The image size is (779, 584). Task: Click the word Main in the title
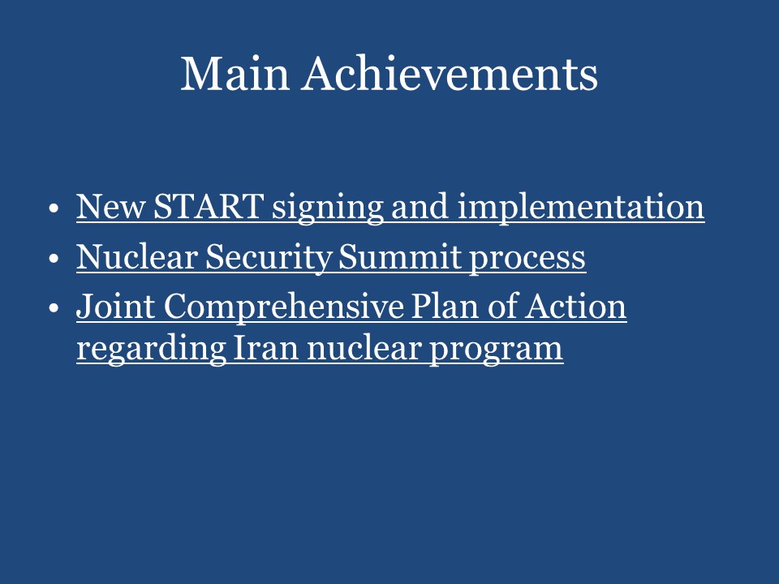pos(235,74)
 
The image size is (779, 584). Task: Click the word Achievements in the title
pos(450,74)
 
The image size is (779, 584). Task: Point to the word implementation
pos(580,208)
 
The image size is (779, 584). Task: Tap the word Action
pos(578,307)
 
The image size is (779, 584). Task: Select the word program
pos(501,350)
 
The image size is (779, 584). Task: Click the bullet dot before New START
pos(54,208)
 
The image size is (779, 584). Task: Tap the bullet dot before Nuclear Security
pos(54,259)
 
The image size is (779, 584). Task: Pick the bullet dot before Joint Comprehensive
pos(54,309)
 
